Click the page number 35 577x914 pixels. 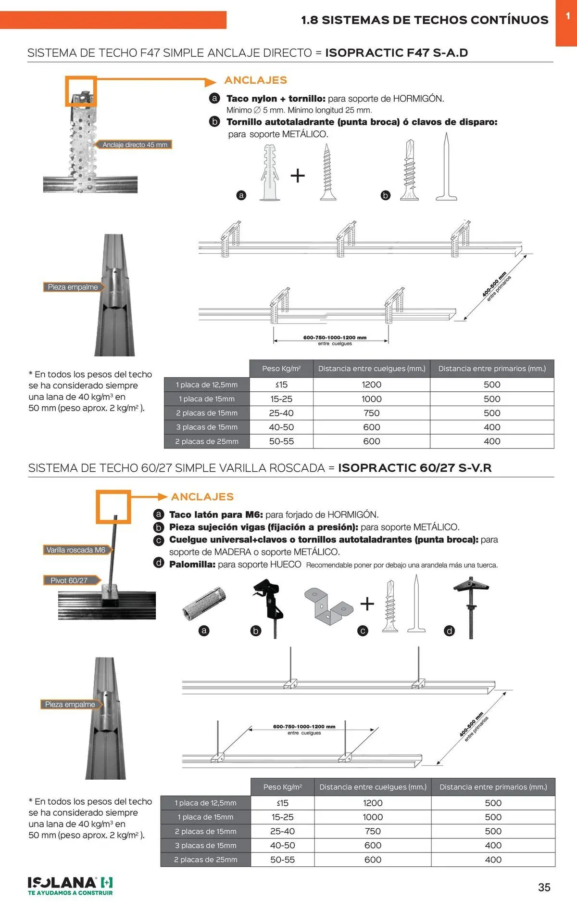pyautogui.click(x=544, y=887)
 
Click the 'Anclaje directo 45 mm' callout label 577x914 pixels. pyautogui.click(x=135, y=144)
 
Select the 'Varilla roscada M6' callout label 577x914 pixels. pyautogui.click(x=75, y=550)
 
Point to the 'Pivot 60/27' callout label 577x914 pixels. pyautogui.click(x=69, y=580)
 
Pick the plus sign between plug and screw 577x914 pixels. pyautogui.click(x=298, y=175)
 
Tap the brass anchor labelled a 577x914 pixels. pyautogui.click(x=204, y=603)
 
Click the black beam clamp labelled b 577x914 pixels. pyautogui.click(x=267, y=602)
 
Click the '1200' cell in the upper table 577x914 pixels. pyautogui.click(x=371, y=385)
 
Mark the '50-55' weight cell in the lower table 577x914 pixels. pyautogui.click(x=282, y=860)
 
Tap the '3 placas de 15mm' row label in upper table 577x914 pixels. pyautogui.click(x=207, y=427)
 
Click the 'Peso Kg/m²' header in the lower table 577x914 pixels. pyautogui.click(x=282, y=787)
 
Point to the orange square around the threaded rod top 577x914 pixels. pyautogui.click(x=113, y=506)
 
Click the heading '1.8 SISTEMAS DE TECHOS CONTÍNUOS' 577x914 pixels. pyautogui.click(x=425, y=20)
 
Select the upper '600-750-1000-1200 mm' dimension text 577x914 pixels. pyautogui.click(x=335, y=337)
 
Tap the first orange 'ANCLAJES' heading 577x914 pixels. pyautogui.click(x=255, y=80)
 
